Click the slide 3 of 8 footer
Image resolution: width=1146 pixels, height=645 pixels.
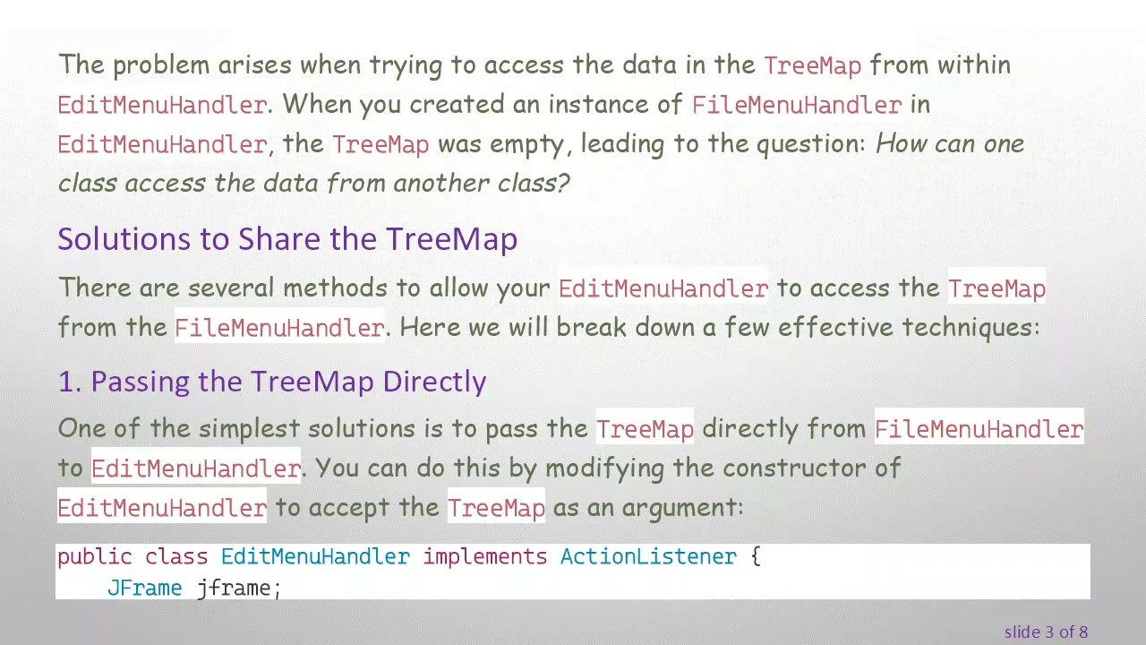click(x=1046, y=632)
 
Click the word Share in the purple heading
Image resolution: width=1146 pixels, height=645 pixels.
click(x=279, y=239)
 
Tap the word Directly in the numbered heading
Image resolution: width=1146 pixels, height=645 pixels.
click(x=434, y=382)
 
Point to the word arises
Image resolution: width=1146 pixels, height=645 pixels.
click(x=254, y=65)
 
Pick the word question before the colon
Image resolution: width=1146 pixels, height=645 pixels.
click(x=810, y=144)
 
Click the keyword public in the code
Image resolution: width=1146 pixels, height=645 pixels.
click(x=94, y=557)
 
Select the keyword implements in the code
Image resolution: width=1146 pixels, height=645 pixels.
click(x=484, y=557)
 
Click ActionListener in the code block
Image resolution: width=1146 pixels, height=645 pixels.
click(x=648, y=557)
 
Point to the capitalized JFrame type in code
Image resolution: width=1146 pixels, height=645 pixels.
click(x=144, y=589)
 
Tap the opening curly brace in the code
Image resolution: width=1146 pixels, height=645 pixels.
click(x=755, y=557)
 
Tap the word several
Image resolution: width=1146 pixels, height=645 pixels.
click(x=230, y=288)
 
